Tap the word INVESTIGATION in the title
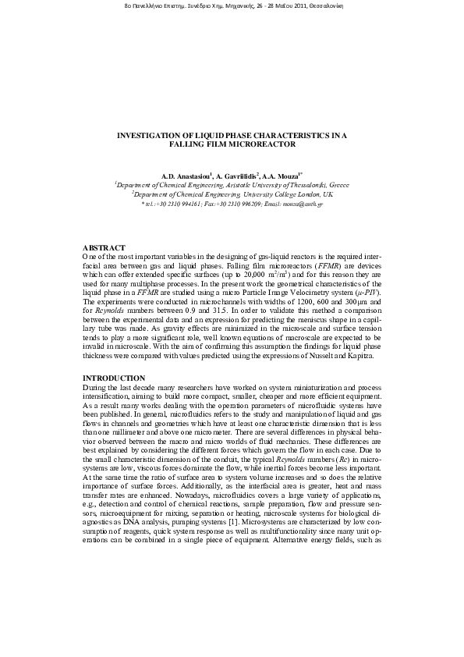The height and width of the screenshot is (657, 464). click(154, 134)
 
